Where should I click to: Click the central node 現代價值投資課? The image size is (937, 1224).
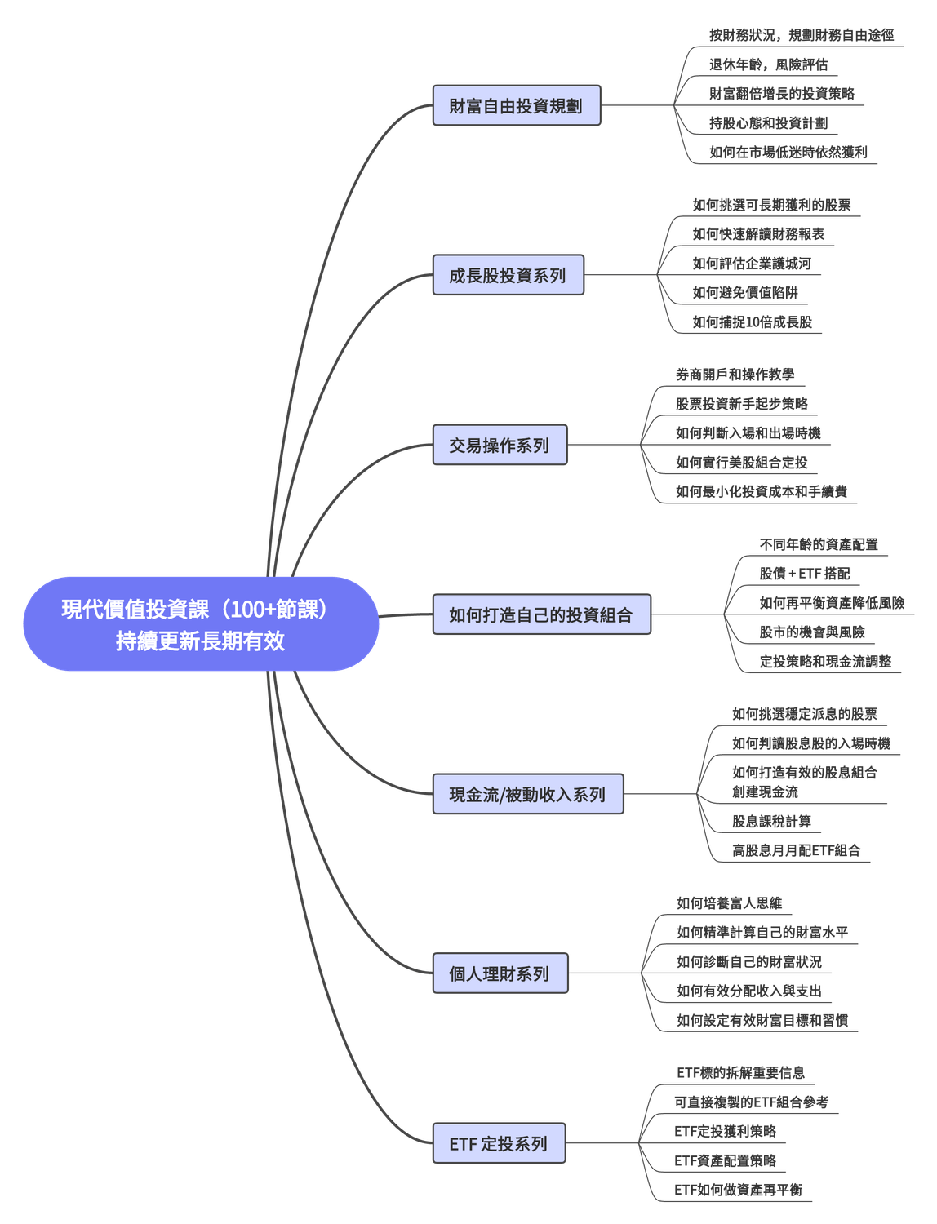click(200, 624)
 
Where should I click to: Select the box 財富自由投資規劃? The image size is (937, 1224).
click(516, 106)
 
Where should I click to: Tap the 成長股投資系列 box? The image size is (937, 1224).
click(508, 276)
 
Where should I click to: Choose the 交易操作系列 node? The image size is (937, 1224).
click(500, 446)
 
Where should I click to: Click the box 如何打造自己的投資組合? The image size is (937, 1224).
click(541, 615)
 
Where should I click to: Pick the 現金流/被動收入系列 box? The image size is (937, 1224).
click(528, 795)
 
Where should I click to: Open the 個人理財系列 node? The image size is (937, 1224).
click(500, 973)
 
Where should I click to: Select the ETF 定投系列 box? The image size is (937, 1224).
click(498, 1144)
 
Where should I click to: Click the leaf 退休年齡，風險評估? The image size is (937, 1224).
click(768, 64)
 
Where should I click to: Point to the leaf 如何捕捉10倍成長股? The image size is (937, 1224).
click(753, 322)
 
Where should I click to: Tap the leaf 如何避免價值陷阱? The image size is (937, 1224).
click(745, 293)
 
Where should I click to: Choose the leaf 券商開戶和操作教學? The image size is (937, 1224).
click(735, 375)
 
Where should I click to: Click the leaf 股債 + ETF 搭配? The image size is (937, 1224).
click(805, 574)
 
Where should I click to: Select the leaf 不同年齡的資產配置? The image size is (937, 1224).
click(819, 544)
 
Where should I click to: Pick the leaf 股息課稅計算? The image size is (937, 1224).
click(771, 822)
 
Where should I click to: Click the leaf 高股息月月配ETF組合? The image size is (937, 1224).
click(797, 850)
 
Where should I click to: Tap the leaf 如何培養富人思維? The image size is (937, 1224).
click(729, 902)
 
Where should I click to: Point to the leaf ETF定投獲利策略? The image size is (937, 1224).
click(725, 1131)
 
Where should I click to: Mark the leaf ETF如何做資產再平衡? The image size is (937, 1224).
click(738, 1190)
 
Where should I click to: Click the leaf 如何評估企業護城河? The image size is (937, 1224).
click(752, 264)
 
